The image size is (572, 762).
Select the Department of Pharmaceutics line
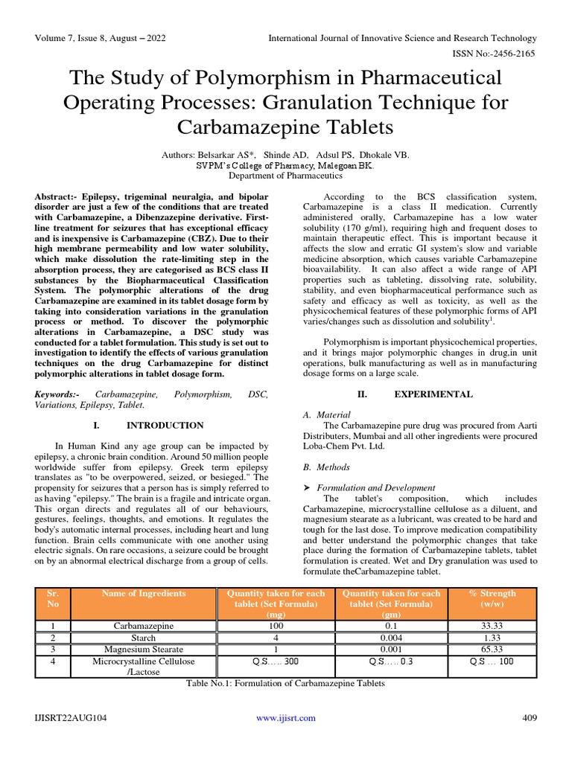pyautogui.click(x=285, y=176)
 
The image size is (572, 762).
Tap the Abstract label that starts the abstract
pyautogui.click(x=56, y=196)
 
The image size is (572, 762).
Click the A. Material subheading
pyautogui.click(x=327, y=414)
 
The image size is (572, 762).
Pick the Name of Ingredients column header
pyautogui.click(x=144, y=594)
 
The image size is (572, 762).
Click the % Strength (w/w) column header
pyautogui.click(x=492, y=599)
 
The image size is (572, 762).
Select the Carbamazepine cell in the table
pyautogui.click(x=144, y=627)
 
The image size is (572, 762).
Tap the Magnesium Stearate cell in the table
pyautogui.click(x=144, y=650)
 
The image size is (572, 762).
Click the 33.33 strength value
pyautogui.click(x=492, y=627)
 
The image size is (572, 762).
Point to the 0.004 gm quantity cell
pyautogui.click(x=391, y=638)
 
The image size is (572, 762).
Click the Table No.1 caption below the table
pyautogui.click(x=286, y=683)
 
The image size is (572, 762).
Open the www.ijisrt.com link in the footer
pyautogui.click(x=286, y=718)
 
